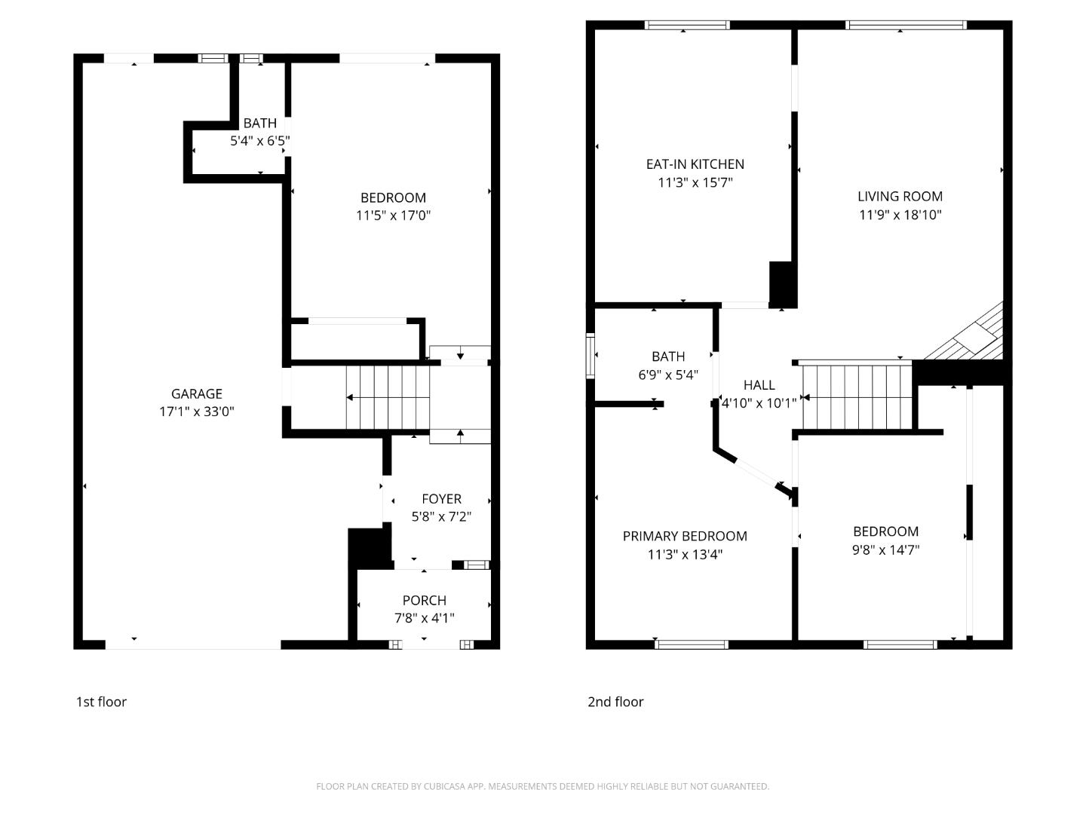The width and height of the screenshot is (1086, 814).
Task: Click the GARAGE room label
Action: coord(196,393)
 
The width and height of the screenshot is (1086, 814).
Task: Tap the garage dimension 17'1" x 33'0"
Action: coord(196,412)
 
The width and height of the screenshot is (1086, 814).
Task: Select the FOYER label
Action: coord(441,499)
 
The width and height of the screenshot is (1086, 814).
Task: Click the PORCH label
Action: coord(424,601)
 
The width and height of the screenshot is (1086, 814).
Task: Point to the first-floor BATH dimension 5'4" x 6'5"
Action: coord(259,140)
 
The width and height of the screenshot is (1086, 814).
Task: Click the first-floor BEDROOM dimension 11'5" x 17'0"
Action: coord(393,216)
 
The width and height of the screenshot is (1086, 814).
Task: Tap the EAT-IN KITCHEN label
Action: coord(695,164)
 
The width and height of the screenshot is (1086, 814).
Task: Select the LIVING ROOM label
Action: coord(900,197)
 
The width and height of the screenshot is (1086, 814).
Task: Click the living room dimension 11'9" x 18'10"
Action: coord(900,215)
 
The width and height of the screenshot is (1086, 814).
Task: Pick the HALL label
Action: coord(759,385)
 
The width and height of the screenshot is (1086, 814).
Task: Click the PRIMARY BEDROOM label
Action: coord(685,537)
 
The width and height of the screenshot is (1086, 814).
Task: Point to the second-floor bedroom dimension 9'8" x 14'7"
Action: coord(885,550)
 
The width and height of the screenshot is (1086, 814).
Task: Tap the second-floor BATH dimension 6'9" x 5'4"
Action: coord(668,375)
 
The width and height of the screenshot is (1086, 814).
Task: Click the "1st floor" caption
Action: coord(101,702)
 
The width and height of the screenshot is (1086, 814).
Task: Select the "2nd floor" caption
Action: coord(615,702)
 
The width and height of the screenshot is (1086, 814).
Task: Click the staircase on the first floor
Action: coord(388,397)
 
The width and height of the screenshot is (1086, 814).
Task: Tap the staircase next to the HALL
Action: coord(857,397)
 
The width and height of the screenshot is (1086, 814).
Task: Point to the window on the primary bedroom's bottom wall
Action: coord(692,644)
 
